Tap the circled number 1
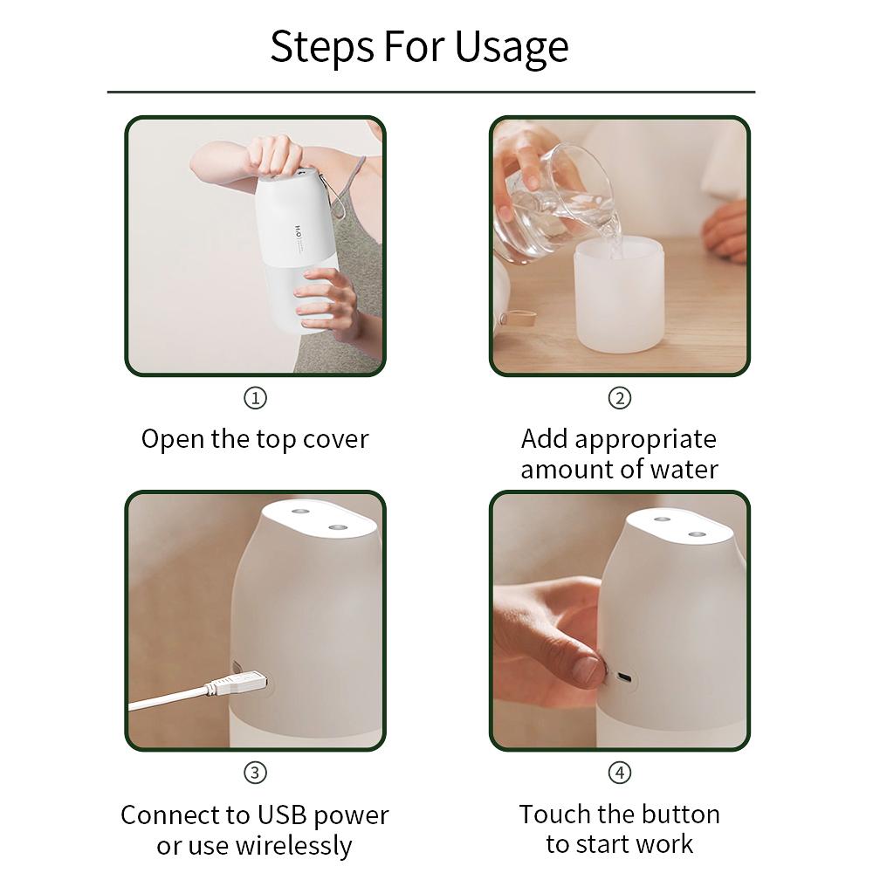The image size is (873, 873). [254, 398]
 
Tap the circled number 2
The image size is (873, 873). [619, 398]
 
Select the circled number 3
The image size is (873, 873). [254, 773]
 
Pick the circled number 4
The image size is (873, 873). [619, 773]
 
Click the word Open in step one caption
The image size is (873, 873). [173, 439]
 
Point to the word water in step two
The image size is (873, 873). [684, 470]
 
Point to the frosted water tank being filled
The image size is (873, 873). [619, 297]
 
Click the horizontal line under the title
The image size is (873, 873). [430, 92]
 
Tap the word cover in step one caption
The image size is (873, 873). [335, 439]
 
